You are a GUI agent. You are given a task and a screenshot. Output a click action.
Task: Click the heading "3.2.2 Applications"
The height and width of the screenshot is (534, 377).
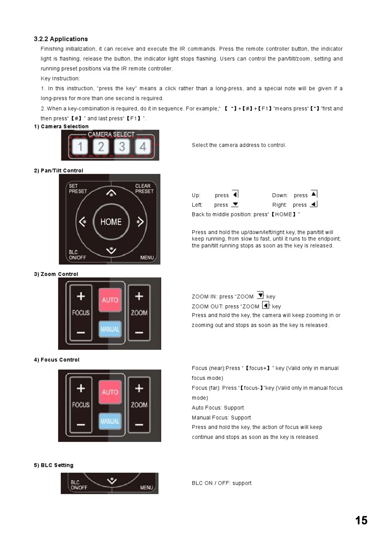click(x=61, y=39)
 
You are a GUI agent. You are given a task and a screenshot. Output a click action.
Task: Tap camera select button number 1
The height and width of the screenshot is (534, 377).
click(x=80, y=147)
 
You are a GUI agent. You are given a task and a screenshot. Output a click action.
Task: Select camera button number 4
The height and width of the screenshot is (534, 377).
click(x=143, y=147)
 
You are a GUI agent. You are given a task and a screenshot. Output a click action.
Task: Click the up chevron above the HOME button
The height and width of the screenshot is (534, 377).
click(x=111, y=193)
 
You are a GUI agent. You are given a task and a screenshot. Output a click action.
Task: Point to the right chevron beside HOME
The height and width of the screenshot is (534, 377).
click(x=140, y=222)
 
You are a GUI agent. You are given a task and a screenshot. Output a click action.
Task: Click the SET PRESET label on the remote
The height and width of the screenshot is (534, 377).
click(x=78, y=188)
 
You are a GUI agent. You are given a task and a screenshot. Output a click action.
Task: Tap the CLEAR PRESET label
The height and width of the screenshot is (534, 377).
click(x=144, y=188)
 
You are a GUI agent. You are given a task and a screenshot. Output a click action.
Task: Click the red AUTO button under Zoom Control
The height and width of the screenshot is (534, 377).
click(x=110, y=300)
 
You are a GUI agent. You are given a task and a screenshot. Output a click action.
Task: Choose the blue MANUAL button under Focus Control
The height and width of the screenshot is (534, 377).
click(x=110, y=421)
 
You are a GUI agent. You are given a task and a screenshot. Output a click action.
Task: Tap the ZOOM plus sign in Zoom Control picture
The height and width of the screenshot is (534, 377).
click(x=139, y=296)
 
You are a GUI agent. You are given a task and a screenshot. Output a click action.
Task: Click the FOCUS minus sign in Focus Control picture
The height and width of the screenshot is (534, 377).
click(x=81, y=425)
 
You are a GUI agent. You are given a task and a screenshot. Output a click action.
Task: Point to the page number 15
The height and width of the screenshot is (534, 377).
click(x=361, y=520)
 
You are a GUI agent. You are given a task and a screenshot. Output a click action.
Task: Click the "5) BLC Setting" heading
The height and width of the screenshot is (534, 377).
click(x=54, y=465)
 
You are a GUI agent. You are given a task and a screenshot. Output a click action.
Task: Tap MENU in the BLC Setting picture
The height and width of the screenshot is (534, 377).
click(x=147, y=488)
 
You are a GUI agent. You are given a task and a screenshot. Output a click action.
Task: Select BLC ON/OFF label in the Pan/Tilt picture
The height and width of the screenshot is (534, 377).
click(x=77, y=255)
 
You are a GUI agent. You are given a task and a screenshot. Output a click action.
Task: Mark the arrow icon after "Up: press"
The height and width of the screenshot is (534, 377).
click(x=235, y=194)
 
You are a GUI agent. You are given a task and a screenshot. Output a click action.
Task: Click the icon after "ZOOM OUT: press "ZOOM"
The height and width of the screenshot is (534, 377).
click(x=265, y=305)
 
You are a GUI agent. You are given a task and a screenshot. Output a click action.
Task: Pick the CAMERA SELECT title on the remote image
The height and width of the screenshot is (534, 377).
click(x=111, y=134)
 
